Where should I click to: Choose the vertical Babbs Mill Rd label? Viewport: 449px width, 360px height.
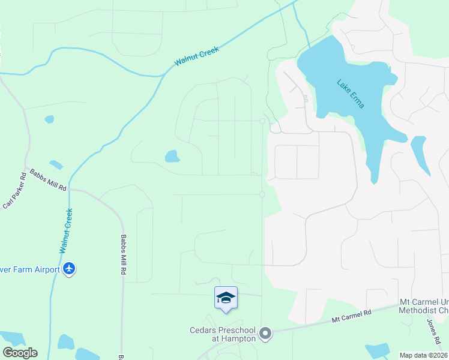tap(122, 254)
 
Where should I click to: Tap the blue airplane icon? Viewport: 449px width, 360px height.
tap(69, 269)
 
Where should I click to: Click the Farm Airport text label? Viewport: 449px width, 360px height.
tap(30, 269)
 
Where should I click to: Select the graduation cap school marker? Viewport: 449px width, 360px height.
tap(226, 298)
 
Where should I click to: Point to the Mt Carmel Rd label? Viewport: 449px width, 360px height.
tap(352, 316)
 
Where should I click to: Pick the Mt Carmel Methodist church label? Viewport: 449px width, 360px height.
tap(424, 306)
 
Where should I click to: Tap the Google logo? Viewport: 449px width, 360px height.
tap(20, 353)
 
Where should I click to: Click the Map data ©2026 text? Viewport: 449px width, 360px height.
tap(423, 355)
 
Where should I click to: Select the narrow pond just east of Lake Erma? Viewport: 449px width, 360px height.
tap(420, 155)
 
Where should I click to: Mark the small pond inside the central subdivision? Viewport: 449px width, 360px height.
tap(172, 157)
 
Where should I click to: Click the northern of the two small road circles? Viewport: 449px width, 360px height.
tap(262, 121)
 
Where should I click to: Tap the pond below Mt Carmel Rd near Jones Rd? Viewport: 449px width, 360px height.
tap(378, 350)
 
